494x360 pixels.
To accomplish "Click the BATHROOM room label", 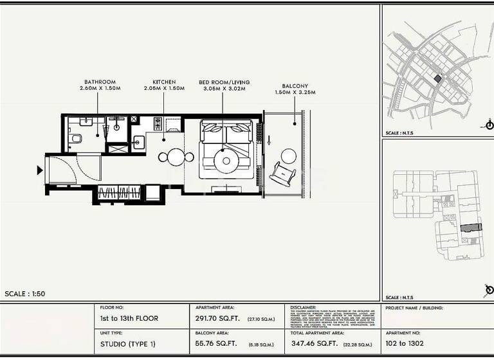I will [100, 82].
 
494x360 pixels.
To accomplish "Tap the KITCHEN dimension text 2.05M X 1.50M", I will [164, 88].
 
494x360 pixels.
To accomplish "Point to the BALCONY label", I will [295, 86].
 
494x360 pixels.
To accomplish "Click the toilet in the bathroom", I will [76, 138].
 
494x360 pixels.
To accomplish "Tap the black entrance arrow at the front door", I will [40, 170].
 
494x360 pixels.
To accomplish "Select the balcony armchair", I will [283, 174].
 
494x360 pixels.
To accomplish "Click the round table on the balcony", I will [289, 155].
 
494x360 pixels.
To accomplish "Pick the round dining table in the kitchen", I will [176, 157].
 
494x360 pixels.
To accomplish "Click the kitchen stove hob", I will [158, 123].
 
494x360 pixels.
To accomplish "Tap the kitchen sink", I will [138, 142].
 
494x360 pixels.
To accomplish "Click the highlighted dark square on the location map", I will [438, 78].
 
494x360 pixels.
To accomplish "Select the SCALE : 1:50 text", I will [25, 294].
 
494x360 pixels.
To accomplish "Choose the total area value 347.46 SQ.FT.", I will [314, 344].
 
